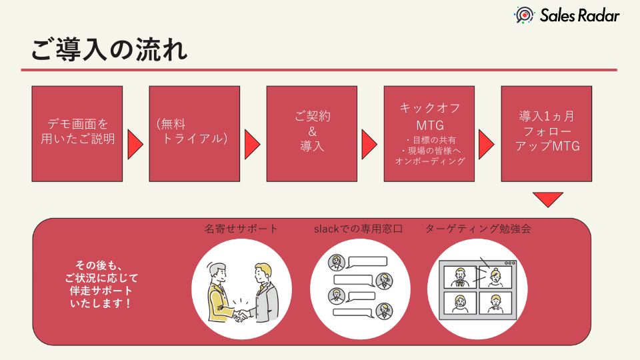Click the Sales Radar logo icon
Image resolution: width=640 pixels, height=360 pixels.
coord(524,15)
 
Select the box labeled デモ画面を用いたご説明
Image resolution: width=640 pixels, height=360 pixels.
coord(78,133)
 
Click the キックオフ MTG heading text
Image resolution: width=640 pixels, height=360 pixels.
coord(429,116)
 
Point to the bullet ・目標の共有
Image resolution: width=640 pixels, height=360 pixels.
coord(429,140)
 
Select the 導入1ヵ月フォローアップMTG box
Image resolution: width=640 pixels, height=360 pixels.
coord(547,133)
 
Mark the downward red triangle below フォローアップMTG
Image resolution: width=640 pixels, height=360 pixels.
coord(548,199)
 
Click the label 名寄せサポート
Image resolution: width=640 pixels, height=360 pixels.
coord(241,229)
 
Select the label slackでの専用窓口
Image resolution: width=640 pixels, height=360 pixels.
coord(358,229)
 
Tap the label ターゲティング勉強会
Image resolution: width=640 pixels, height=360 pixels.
coord(478,229)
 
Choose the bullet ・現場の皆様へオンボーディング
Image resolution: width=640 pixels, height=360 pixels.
coord(429,156)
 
